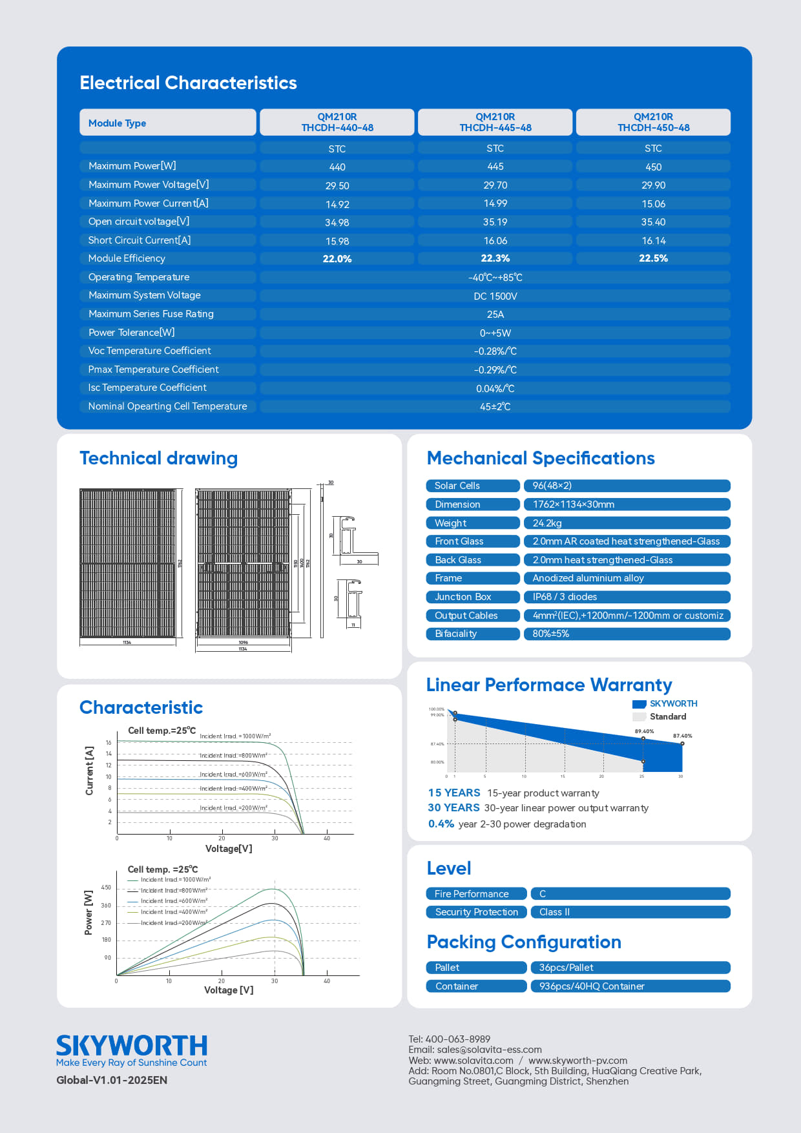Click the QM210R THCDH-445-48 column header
point(495,122)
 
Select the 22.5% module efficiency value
point(653,258)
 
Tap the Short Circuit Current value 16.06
point(495,241)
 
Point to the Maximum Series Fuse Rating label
point(151,314)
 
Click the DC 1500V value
point(495,296)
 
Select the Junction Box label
point(463,597)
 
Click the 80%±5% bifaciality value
point(550,634)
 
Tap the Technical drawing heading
point(158,458)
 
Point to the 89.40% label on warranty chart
point(644,731)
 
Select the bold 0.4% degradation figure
point(441,824)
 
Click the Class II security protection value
point(554,912)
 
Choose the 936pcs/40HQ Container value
point(591,986)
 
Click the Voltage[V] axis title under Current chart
point(229,849)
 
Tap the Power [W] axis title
point(88,913)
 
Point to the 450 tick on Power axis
point(106,888)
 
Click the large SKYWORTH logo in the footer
point(132,1045)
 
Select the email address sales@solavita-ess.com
point(489,1050)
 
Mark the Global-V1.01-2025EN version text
point(112,1080)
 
